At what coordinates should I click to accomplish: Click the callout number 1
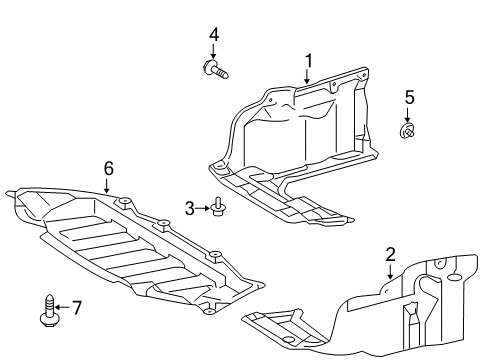tap(309, 61)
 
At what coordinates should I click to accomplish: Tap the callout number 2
tap(390, 255)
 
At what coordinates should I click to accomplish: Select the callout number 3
tap(190, 209)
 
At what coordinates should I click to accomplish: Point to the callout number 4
tap(214, 35)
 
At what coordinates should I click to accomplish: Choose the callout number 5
tap(410, 97)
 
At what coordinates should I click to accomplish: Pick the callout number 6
tap(109, 169)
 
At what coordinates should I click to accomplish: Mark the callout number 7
tap(77, 308)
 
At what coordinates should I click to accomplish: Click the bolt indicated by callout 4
tap(215, 69)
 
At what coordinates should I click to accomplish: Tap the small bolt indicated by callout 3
tap(217, 206)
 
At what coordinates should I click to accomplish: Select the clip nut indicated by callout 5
tap(407, 130)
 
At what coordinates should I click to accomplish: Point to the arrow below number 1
tap(307, 76)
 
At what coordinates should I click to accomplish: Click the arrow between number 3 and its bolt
tap(203, 208)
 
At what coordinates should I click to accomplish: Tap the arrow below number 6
tap(107, 186)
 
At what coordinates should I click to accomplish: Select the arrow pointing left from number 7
tap(62, 307)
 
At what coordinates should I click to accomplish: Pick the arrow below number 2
tap(390, 271)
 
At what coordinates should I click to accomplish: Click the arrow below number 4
tap(213, 51)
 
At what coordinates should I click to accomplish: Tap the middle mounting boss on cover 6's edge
tap(163, 223)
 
